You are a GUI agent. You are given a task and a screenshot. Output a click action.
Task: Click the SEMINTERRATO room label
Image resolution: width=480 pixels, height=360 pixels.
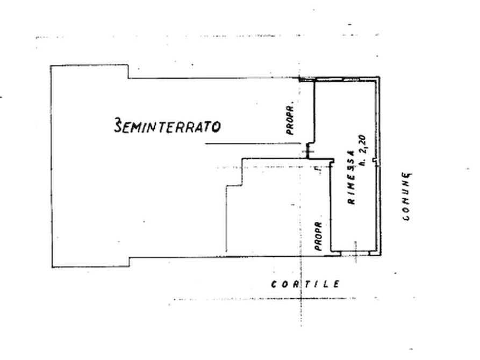tap(167, 126)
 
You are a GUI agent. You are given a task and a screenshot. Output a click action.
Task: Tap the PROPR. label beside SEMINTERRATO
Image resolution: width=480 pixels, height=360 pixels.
tap(293, 120)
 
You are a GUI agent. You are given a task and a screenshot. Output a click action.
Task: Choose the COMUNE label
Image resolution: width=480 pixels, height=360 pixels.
tap(407, 197)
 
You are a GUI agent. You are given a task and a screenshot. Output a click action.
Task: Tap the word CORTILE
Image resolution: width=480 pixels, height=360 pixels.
tap(305, 284)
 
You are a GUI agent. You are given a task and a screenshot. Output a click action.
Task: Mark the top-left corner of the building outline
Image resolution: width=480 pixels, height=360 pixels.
tap(51, 66)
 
